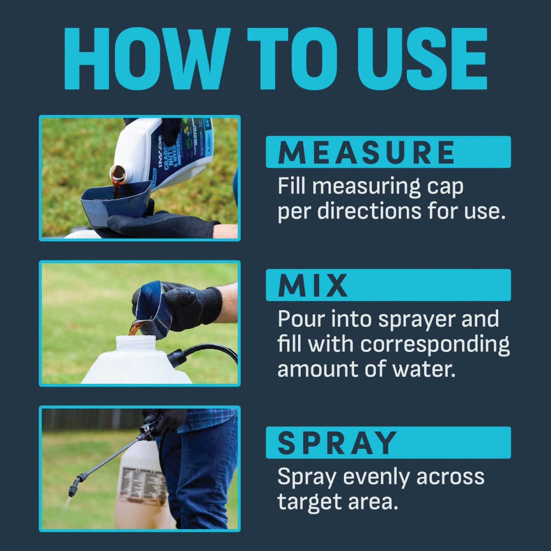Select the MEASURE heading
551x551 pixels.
[x=367, y=152]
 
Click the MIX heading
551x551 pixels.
[x=313, y=285]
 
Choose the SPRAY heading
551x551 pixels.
[x=337, y=443]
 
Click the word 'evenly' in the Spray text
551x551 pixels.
[x=377, y=477]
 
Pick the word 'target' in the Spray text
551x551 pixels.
[x=310, y=502]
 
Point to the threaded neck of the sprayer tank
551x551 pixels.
[x=136, y=342]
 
